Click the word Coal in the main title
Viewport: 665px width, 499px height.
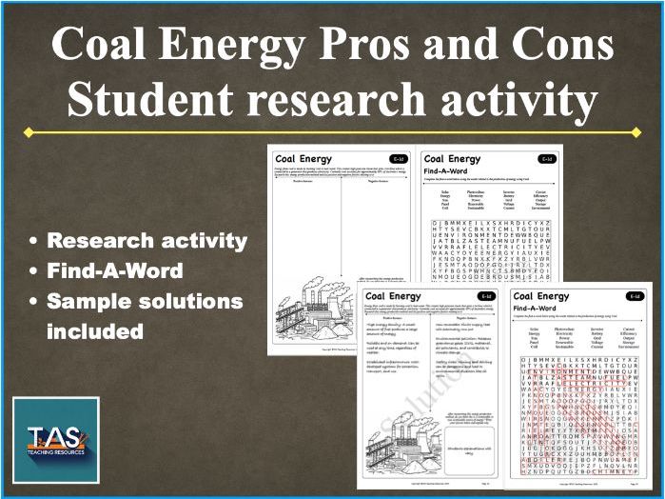101,45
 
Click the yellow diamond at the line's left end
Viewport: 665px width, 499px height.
28,132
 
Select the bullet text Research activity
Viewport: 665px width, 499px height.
147,241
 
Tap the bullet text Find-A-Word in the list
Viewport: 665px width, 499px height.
115,271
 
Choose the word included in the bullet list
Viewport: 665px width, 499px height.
95,332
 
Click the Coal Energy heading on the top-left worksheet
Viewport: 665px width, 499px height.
303,159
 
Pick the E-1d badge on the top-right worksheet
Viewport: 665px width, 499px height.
545,159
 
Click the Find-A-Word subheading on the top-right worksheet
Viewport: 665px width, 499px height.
450,171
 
